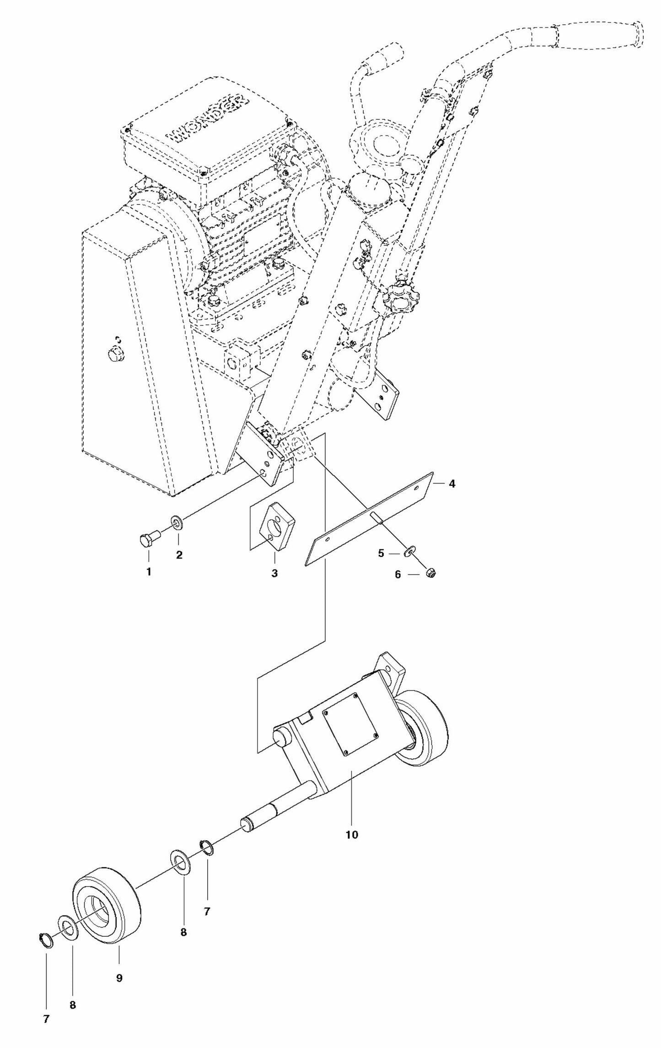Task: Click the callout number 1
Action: pos(149,571)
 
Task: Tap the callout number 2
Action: pos(179,555)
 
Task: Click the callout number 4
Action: pos(451,483)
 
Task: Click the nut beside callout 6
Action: pos(430,572)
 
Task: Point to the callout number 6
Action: pos(398,575)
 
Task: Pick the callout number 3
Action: pos(274,573)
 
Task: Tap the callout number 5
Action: pos(381,553)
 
